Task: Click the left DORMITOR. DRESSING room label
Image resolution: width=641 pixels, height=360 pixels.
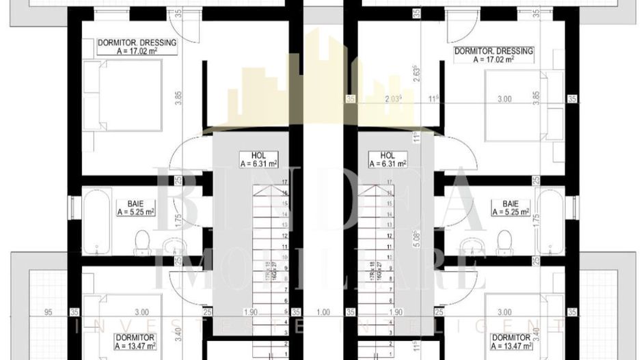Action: (137, 46)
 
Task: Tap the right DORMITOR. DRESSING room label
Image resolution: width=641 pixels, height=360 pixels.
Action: (493, 55)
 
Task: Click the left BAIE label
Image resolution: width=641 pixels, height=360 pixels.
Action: (135, 207)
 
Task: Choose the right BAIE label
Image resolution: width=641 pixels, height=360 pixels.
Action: (510, 207)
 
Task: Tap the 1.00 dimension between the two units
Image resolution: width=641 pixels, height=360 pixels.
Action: (323, 313)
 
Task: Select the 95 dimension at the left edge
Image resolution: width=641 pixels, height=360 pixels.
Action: (49, 313)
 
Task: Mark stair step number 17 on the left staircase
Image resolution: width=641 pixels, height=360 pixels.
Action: (284, 182)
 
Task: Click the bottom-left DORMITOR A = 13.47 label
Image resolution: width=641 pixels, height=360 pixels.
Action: (134, 342)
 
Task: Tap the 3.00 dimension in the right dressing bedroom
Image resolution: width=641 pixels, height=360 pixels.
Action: (504, 99)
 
